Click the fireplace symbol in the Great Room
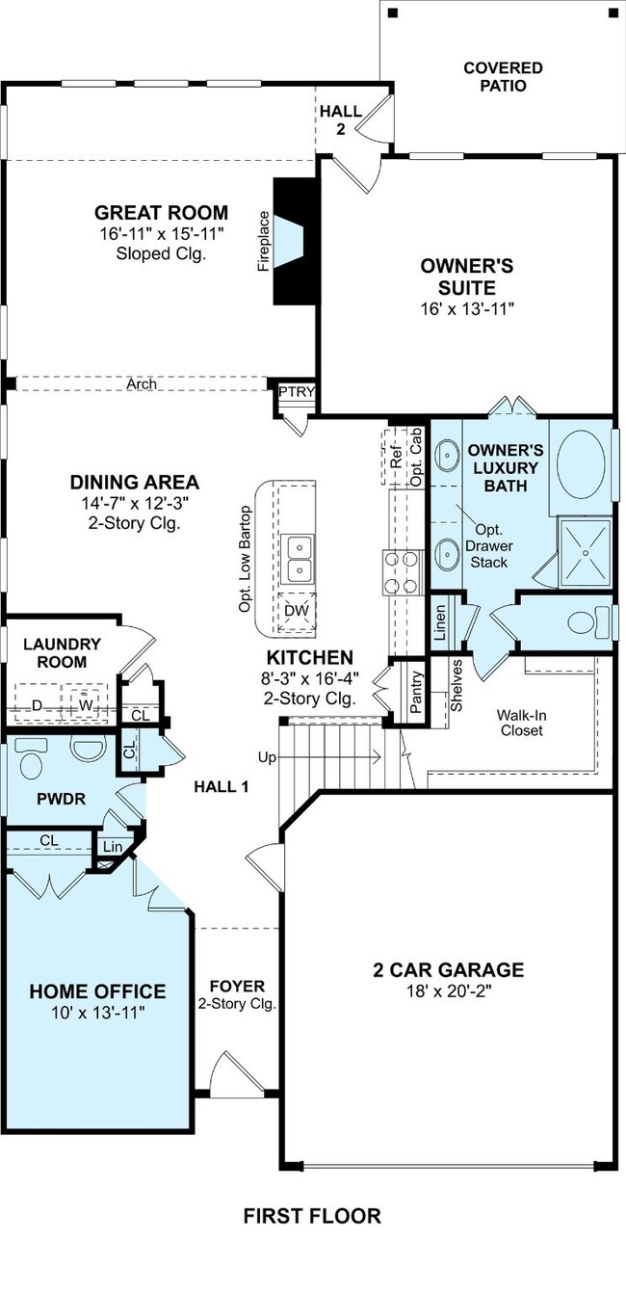pyautogui.click(x=296, y=241)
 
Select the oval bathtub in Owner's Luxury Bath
pyautogui.click(x=581, y=464)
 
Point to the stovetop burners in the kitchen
pyautogui.click(x=401, y=572)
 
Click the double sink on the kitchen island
pyautogui.click(x=298, y=558)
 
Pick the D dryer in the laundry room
pyautogui.click(x=37, y=705)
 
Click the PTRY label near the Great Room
pyautogui.click(x=297, y=392)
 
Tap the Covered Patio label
pyautogui.click(x=503, y=77)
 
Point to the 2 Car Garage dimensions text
pyautogui.click(x=449, y=991)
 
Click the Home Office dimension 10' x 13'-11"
pyautogui.click(x=97, y=1013)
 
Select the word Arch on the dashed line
pyautogui.click(x=142, y=383)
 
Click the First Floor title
pyautogui.click(x=312, y=1216)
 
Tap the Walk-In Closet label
pyautogui.click(x=522, y=723)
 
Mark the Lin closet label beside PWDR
pyautogui.click(x=113, y=847)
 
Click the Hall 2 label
pyautogui.click(x=341, y=119)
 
